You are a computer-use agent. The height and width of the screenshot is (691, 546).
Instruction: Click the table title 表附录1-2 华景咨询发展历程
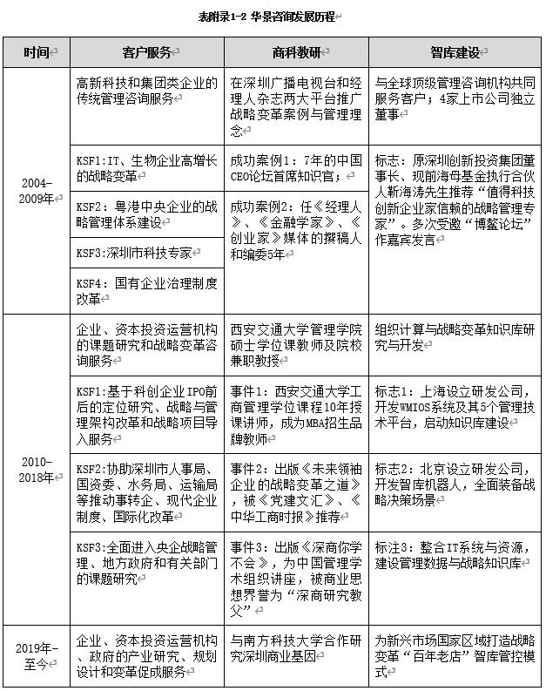pyautogui.click(x=273, y=16)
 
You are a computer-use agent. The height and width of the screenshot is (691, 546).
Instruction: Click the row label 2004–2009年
pyautogui.click(x=37, y=191)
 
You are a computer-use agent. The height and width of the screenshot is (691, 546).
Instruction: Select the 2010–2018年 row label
pyautogui.click(x=37, y=468)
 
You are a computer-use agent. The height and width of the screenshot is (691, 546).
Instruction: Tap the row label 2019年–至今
pyautogui.click(x=37, y=654)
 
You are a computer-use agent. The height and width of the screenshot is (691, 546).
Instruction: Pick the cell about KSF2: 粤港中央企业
pyautogui.click(x=146, y=214)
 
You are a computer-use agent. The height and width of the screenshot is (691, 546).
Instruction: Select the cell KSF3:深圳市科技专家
pyautogui.click(x=146, y=253)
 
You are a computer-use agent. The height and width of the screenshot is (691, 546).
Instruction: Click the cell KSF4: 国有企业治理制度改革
pyautogui.click(x=146, y=290)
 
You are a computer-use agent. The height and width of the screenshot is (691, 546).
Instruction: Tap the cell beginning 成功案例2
pyautogui.click(x=296, y=231)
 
